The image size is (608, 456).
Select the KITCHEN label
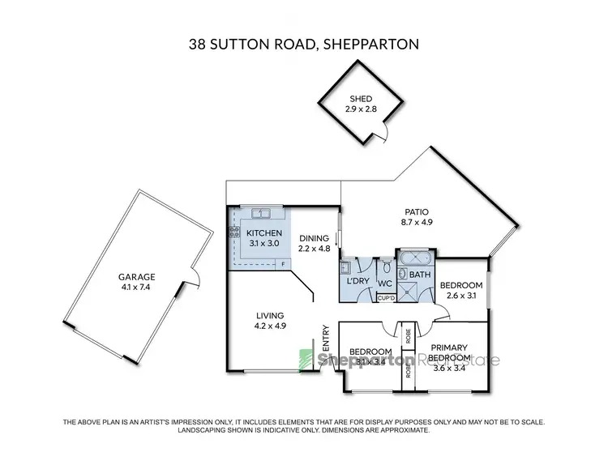(x=263, y=233)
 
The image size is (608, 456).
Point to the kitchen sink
(x=261, y=214)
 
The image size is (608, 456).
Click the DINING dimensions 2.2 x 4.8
(x=314, y=249)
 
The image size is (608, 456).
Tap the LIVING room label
(x=270, y=317)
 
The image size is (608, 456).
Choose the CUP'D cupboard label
(x=387, y=299)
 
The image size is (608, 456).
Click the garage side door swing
(x=193, y=279)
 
